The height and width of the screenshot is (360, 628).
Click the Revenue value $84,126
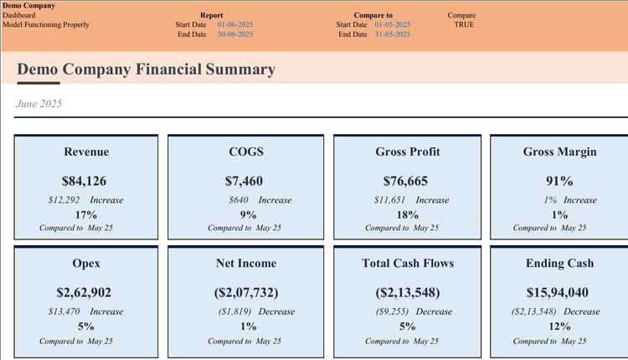coord(84,181)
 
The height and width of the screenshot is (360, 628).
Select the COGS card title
coord(246,152)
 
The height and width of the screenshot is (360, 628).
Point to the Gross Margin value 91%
coord(559,181)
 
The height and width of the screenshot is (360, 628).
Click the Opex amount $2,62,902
coord(85,292)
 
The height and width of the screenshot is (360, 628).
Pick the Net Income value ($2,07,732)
coord(246,292)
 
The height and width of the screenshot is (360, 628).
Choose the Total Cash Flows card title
coord(408,263)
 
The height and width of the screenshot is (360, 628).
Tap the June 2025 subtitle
coord(39,104)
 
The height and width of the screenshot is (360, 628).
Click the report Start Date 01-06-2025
coord(235,25)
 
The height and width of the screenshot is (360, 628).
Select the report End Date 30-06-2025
coord(235,34)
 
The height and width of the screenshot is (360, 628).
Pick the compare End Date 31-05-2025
coord(393,34)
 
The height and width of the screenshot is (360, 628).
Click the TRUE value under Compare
coord(463,25)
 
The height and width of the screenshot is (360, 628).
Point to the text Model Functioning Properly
coord(46,25)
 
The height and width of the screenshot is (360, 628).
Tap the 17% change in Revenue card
coord(86,214)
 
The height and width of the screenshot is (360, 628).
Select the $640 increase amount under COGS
coord(239,200)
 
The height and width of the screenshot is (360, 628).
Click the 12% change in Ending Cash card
coord(559,326)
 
